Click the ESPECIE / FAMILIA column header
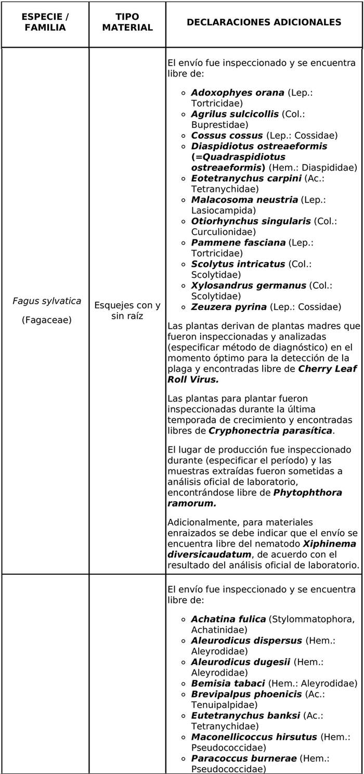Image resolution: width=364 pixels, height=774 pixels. pyautogui.click(x=45, y=22)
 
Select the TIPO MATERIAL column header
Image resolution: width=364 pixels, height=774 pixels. pyautogui.click(x=127, y=22)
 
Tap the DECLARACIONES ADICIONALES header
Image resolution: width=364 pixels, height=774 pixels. pyautogui.click(x=264, y=22)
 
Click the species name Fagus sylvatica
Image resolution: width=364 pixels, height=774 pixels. pyautogui.click(x=47, y=301)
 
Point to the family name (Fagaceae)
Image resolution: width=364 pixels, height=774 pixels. pyautogui.click(x=47, y=320)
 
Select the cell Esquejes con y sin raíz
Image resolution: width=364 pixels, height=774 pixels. pyautogui.click(x=127, y=311)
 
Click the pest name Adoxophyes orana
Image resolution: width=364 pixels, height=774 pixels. pyautogui.click(x=238, y=93)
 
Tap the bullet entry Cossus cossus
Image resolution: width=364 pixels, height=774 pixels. pyautogui.click(x=227, y=135)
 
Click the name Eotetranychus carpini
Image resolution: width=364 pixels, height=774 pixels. pyautogui.click(x=246, y=178)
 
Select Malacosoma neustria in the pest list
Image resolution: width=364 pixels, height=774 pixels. pyautogui.click(x=244, y=199)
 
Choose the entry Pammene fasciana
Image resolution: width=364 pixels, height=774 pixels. pyautogui.click(x=238, y=242)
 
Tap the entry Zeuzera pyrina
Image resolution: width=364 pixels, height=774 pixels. pyautogui.click(x=229, y=306)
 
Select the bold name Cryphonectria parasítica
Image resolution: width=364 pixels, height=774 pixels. pyautogui.click(x=270, y=431)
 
